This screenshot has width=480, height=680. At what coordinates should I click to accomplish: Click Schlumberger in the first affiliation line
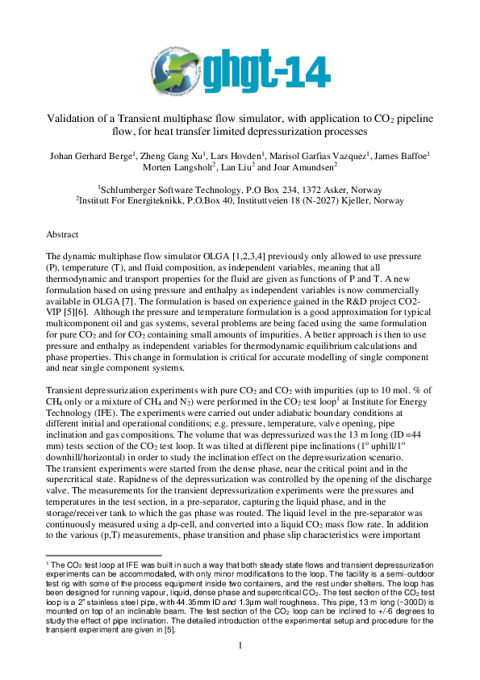[x=137, y=185]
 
